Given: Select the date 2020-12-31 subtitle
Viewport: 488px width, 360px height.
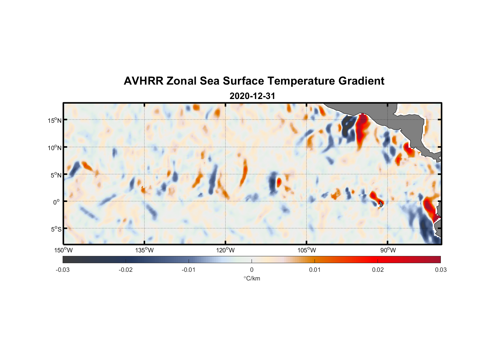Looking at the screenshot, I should pyautogui.click(x=252, y=96).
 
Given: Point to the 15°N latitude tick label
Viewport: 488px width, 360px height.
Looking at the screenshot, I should pyautogui.click(x=54, y=120).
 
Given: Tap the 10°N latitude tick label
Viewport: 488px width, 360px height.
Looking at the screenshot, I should pyautogui.click(x=54, y=148).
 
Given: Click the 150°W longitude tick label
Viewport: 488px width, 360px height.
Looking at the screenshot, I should pyautogui.click(x=64, y=250).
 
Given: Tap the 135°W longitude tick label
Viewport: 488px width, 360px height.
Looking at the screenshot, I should pyautogui.click(x=145, y=250).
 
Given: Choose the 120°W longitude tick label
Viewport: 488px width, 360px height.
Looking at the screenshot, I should pyautogui.click(x=226, y=250).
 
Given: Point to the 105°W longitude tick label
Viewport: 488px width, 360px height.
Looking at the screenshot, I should pyautogui.click(x=307, y=250).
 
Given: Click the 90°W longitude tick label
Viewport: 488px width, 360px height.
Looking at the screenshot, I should pyautogui.click(x=388, y=250).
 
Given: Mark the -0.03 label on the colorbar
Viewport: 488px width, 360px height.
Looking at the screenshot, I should pyautogui.click(x=63, y=270).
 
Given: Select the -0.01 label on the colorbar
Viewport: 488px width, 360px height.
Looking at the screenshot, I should pyautogui.click(x=188, y=270).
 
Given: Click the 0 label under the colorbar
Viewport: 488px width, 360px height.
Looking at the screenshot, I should pyautogui.click(x=252, y=270).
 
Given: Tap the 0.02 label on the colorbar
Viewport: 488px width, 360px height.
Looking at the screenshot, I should pyautogui.click(x=378, y=270).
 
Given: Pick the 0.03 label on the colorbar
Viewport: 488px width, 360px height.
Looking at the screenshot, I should pyautogui.click(x=440, y=270).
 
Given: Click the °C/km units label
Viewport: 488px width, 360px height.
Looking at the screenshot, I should pyautogui.click(x=252, y=278).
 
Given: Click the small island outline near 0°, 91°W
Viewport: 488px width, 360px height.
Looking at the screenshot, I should pyautogui.click(x=381, y=204).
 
